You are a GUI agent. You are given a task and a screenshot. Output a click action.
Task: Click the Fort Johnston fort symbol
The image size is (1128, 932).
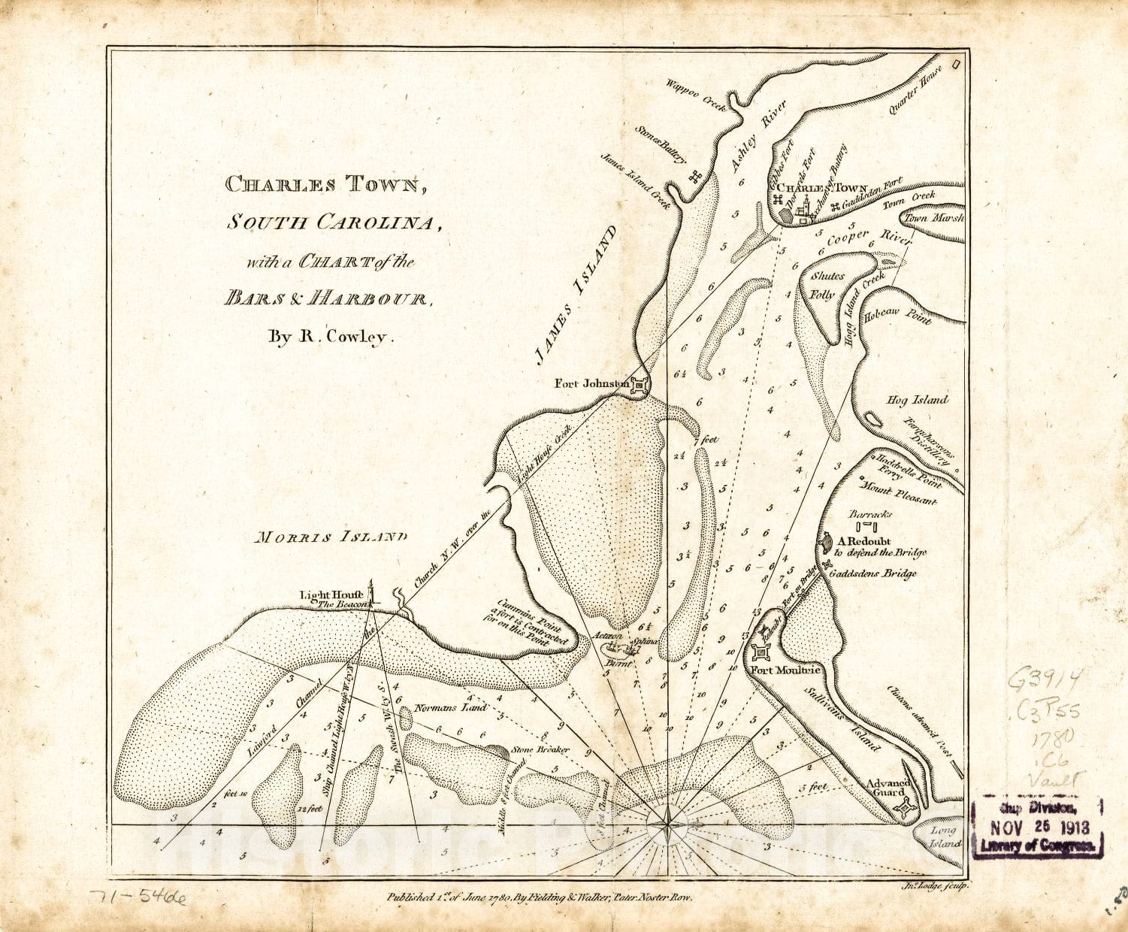pos(640,386)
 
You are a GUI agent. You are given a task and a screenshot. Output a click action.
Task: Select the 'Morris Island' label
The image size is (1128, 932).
pos(331,537)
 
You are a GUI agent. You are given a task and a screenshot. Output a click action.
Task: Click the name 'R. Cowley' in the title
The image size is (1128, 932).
pos(331,337)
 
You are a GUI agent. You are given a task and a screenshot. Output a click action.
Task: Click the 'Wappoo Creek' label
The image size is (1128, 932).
pos(696,94)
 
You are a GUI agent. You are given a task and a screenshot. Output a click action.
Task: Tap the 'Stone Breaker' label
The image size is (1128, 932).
pos(539,749)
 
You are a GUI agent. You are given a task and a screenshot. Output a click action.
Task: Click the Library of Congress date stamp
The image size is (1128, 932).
pos(1037,827)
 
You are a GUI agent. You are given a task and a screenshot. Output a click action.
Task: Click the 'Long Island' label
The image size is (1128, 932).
pos(943,837)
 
